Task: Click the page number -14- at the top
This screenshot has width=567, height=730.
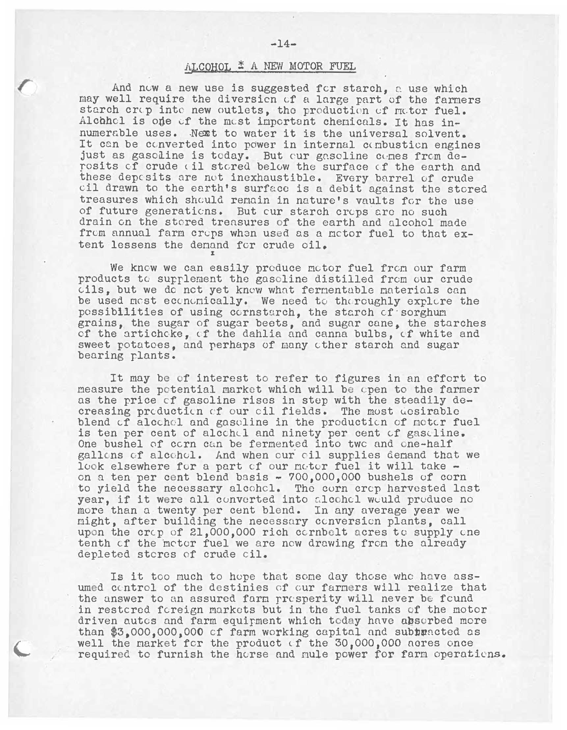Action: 283,44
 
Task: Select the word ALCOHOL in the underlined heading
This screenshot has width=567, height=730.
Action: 207,66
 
